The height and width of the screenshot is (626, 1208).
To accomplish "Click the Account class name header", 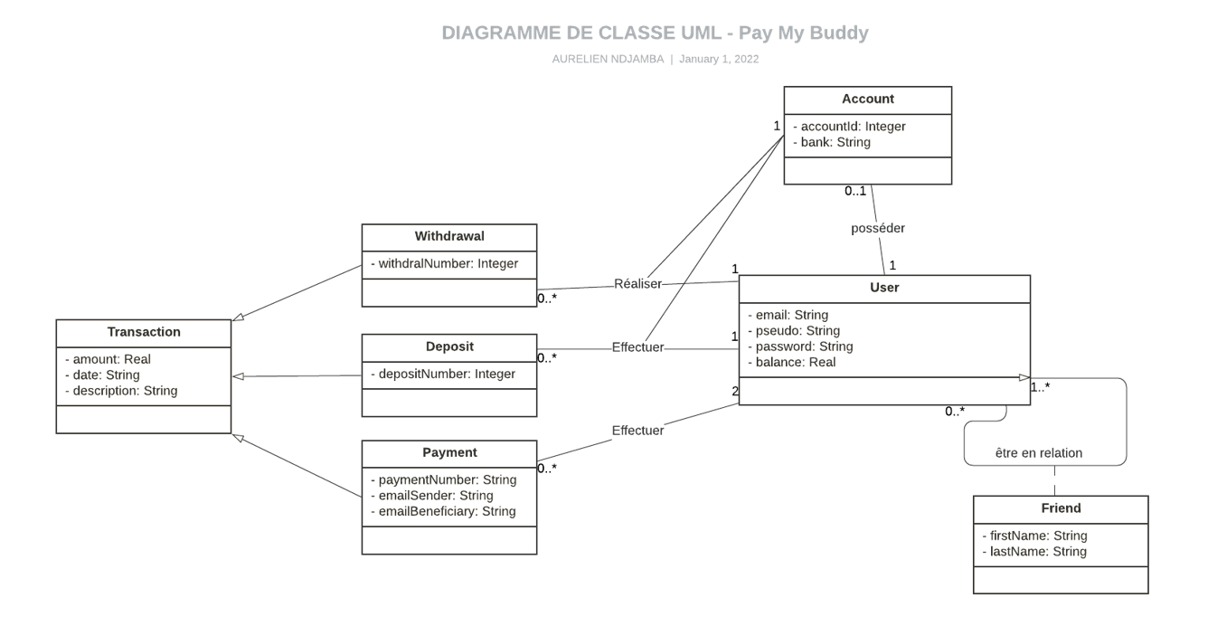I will pos(867,100).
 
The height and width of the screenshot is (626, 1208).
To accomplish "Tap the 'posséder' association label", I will pos(877,228).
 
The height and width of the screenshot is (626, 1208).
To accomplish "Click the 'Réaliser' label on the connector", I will pos(637,283).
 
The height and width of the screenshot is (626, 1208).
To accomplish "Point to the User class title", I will pos(883,288).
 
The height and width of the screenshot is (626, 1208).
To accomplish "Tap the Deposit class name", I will pos(449,346).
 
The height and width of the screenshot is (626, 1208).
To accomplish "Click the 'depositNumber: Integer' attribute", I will pos(443,374).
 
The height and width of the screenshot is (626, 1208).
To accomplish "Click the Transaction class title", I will pos(144,332).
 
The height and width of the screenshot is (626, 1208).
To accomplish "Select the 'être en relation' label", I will pos(1038,452).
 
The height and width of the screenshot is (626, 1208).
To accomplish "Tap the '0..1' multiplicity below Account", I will pos(855,191).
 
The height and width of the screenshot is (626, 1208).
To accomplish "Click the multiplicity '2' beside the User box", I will pos(734,391).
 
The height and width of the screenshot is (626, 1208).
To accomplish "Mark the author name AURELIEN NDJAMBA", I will pos(608,59).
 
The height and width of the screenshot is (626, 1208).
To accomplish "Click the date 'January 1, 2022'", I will pos(718,59).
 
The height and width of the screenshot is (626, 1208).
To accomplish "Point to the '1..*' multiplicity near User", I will pos(1040,387).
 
